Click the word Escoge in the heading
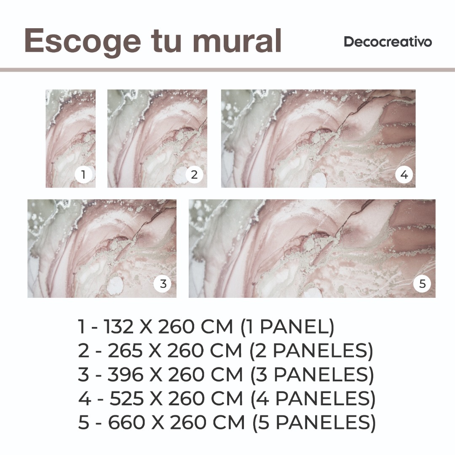click(83, 41)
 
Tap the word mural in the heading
click(237, 40)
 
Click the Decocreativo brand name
click(388, 42)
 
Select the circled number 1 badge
click(83, 175)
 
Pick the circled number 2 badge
click(194, 175)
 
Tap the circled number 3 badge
click(163, 284)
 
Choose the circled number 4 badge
click(404, 175)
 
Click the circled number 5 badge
click(423, 284)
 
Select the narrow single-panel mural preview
click(70, 139)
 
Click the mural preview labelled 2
click(157, 139)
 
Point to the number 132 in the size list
click(118, 327)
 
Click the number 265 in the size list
click(125, 351)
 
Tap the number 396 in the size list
click(126, 375)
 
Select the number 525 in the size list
click(126, 399)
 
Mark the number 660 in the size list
click(126, 422)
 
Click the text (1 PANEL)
click(288, 327)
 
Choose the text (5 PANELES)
click(314, 423)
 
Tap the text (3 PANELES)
click(312, 375)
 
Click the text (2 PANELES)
click(311, 351)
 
